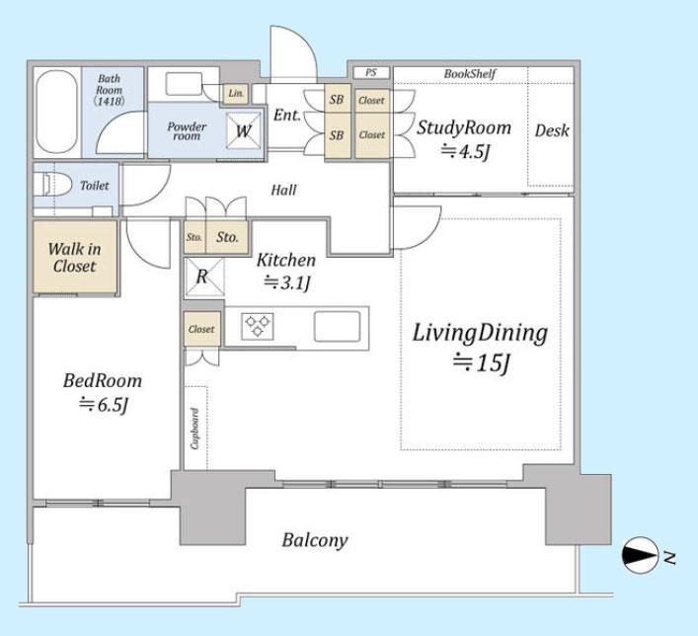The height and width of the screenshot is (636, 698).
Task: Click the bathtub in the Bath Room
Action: click(x=56, y=112)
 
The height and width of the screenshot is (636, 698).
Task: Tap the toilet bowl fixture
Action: click(x=54, y=185)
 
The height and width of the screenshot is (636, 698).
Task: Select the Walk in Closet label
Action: click(x=74, y=257)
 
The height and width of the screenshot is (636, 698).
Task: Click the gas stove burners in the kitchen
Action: click(x=258, y=326)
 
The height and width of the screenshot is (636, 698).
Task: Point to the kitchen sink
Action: click(x=337, y=326)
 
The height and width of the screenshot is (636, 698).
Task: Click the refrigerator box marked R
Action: click(x=204, y=277)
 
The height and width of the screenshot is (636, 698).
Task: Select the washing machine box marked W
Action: click(x=244, y=130)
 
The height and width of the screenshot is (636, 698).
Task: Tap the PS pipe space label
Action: click(x=371, y=72)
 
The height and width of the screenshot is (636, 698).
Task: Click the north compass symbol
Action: click(x=640, y=555)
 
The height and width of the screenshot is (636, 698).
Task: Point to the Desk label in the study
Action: click(x=552, y=130)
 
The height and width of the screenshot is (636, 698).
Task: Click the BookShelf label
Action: click(x=470, y=73)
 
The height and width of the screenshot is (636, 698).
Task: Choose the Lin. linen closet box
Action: click(x=236, y=94)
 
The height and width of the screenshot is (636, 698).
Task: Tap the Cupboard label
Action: click(x=194, y=429)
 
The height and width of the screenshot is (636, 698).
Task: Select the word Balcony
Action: click(x=315, y=540)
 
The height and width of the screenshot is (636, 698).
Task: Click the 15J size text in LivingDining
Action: click(x=481, y=363)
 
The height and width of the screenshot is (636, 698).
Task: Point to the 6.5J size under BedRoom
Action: click(x=104, y=405)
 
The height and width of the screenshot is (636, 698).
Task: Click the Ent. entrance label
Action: click(x=287, y=115)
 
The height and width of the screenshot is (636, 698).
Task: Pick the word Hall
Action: click(x=284, y=191)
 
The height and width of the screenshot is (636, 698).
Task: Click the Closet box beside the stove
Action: click(x=202, y=329)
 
